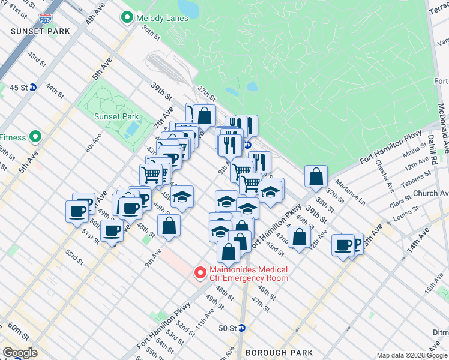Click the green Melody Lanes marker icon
[127, 18]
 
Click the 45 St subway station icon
[34, 87]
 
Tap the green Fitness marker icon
[35, 137]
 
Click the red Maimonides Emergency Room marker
[200, 274]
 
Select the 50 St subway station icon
[242, 328]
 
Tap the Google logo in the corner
[20, 353]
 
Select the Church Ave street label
[435, 194]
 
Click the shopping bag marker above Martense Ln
[316, 176]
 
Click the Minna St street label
[414, 155]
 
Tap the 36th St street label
[152, 35]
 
